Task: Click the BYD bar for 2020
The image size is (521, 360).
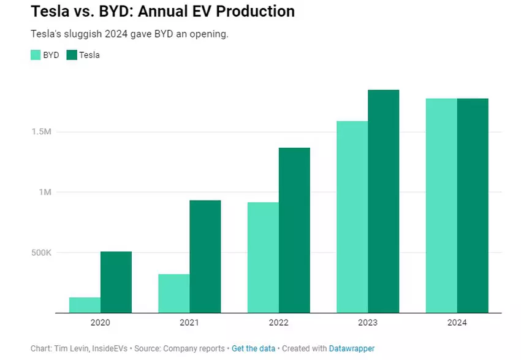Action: coord(85,305)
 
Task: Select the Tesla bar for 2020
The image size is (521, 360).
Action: coord(116,282)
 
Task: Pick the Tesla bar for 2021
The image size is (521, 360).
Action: coord(205,256)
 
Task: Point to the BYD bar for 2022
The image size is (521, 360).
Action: coord(263,258)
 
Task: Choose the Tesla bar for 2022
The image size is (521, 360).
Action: coord(294,230)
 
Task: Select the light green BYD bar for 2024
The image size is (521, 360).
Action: coord(441,205)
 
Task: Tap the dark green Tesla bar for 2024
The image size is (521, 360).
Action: coord(473,205)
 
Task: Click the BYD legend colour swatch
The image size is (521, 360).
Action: coord(36,55)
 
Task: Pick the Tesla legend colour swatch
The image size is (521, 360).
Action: coord(72,55)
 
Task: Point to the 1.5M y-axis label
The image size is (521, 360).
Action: coord(41,132)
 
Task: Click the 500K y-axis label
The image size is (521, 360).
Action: coord(40,253)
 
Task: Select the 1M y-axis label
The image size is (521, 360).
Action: coord(45,193)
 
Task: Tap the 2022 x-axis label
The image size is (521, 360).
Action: coord(279,323)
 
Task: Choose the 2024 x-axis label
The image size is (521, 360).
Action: coord(457,323)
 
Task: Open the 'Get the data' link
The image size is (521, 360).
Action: coord(253,348)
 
